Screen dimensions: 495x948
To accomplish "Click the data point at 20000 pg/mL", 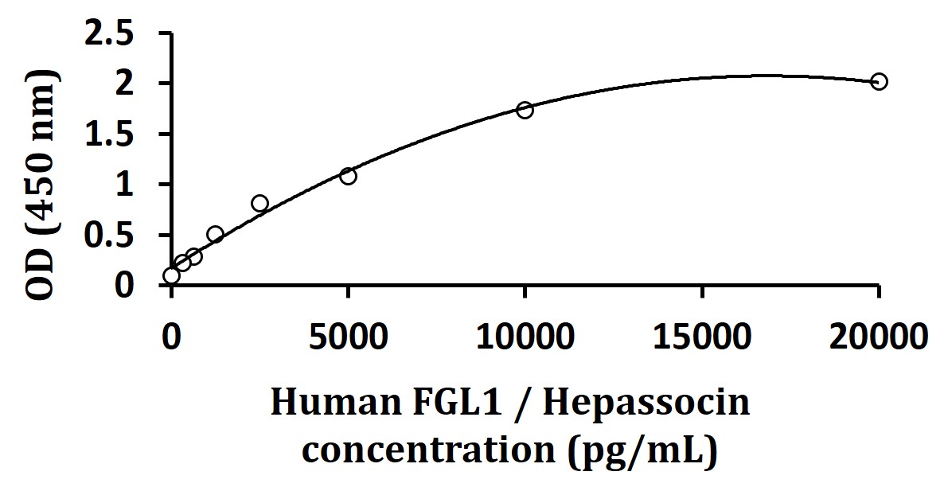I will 879,81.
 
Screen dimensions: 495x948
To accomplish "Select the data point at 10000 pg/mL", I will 525,110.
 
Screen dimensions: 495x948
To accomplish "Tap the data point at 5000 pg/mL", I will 348,176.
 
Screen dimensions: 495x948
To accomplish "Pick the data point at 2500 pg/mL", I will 259,203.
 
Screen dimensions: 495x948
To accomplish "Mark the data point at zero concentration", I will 171,275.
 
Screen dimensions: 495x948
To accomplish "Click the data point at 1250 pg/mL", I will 215,234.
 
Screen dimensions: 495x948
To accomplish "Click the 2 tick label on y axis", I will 138,84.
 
